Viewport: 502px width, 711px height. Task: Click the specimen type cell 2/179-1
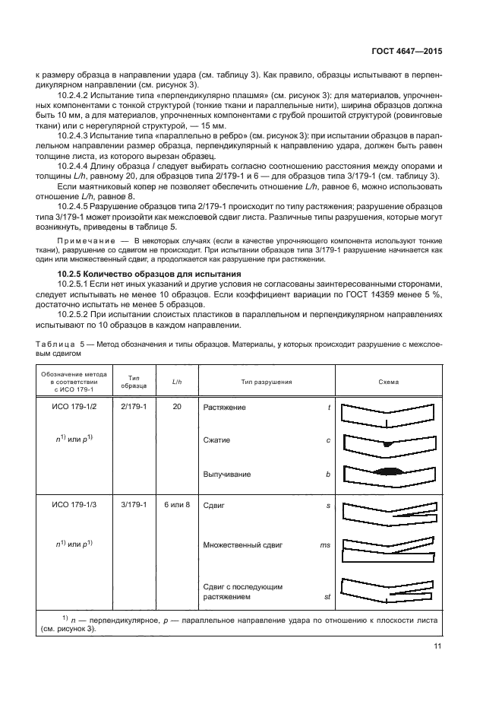(x=134, y=408)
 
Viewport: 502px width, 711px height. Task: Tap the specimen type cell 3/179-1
(x=134, y=504)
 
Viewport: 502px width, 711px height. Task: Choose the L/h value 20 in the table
(x=177, y=408)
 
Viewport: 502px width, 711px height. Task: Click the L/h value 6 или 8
(x=177, y=504)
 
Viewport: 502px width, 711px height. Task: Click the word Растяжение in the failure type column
(x=224, y=408)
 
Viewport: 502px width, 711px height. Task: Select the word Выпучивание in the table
(x=226, y=474)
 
